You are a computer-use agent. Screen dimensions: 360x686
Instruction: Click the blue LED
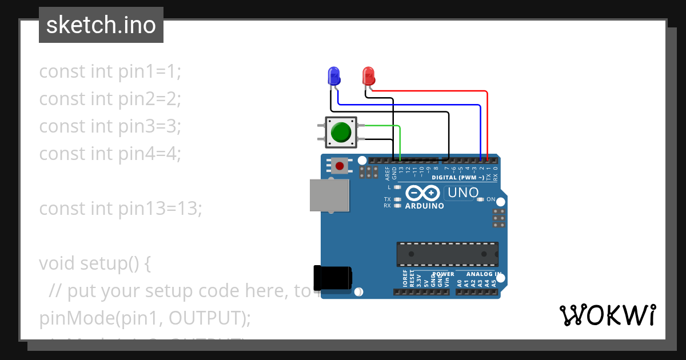tap(333, 75)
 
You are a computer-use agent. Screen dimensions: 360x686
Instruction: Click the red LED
tap(368, 75)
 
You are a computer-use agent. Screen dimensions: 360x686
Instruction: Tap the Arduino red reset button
tap(340, 166)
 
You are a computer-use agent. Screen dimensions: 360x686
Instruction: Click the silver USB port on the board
tap(329, 195)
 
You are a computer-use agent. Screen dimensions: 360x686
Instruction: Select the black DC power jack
tap(333, 277)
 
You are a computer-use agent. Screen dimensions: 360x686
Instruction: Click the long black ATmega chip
tap(447, 254)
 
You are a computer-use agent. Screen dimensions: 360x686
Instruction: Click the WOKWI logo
tap(607, 315)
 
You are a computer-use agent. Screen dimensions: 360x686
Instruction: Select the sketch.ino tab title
tap(101, 25)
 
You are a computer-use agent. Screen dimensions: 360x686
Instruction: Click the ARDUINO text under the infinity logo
tap(424, 206)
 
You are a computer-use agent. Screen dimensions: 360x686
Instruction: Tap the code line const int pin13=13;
tap(120, 209)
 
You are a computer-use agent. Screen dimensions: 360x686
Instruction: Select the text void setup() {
tap(95, 263)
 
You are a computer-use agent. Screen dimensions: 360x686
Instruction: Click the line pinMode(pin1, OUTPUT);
tap(145, 318)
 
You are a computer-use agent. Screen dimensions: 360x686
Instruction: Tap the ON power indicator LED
tap(481, 199)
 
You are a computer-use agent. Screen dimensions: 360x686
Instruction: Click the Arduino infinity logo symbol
tap(424, 194)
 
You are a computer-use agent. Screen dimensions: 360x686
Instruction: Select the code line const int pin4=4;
tap(110, 154)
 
